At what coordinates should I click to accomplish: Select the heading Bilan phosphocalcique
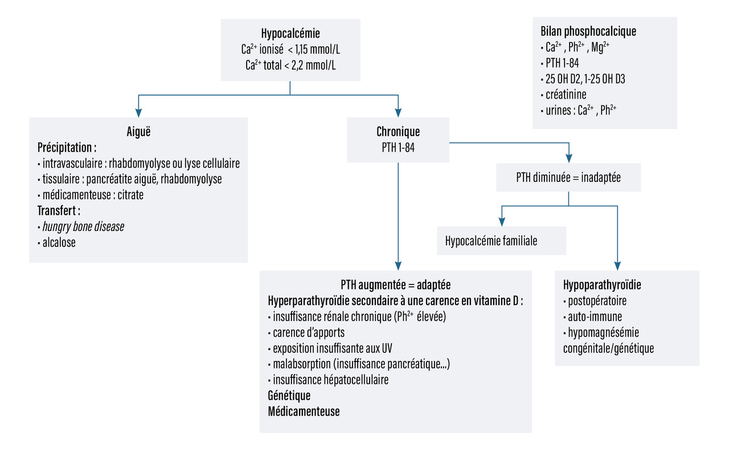pyautogui.click(x=588, y=31)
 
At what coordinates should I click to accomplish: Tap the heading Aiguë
pyautogui.click(x=138, y=131)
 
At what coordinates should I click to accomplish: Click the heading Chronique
pyautogui.click(x=398, y=132)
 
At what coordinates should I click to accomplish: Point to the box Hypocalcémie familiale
pyautogui.click(x=491, y=241)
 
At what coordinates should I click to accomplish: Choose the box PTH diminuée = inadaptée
pyautogui.click(x=568, y=177)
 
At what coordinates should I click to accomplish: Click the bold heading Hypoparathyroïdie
pyautogui.click(x=598, y=285)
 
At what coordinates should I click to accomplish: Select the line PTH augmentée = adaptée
pyautogui.click(x=395, y=285)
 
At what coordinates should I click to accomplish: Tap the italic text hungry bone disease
pyautogui.click(x=83, y=226)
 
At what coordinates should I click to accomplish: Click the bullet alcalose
pyautogui.click(x=59, y=242)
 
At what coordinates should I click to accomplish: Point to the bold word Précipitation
pyautogui.click(x=67, y=147)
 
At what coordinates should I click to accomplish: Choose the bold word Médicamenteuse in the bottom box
pyautogui.click(x=304, y=411)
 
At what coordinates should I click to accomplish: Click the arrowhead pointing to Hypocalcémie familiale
pyautogui.click(x=502, y=221)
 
